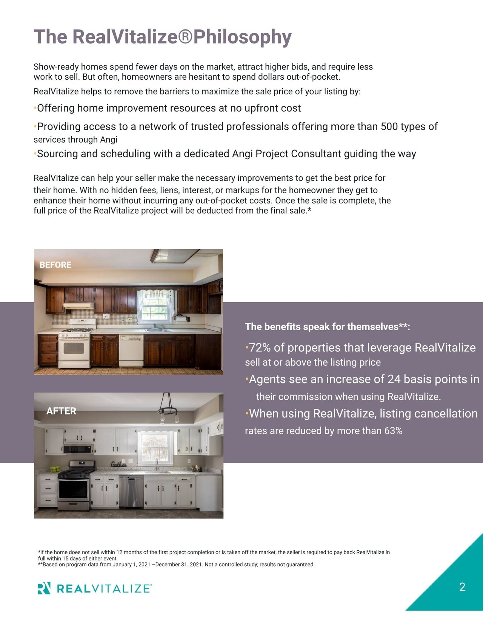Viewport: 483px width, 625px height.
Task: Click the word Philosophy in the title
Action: pyautogui.click(x=242, y=37)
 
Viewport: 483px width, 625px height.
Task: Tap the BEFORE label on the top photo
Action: pyautogui.click(x=55, y=265)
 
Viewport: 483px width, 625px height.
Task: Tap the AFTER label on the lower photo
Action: pyautogui.click(x=61, y=411)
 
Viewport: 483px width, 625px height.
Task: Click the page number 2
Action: pyautogui.click(x=462, y=587)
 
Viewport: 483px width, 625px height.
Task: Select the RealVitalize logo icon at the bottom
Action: pyautogui.click(x=44, y=588)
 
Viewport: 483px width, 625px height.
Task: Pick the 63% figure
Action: pyautogui.click(x=393, y=431)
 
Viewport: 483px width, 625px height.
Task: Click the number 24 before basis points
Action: pyautogui.click(x=394, y=379)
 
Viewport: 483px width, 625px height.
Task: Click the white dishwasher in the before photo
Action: pyautogui.click(x=131, y=351)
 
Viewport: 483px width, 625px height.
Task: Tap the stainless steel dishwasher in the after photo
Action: pyautogui.click(x=131, y=491)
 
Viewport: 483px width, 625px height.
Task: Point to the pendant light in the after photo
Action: pyautogui.click(x=168, y=408)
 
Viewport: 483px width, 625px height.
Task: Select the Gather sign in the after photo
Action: pyautogui.click(x=118, y=464)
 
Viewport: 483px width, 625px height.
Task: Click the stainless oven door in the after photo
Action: pyautogui.click(x=74, y=489)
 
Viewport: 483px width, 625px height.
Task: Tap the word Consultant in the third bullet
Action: pyautogui.click(x=316, y=154)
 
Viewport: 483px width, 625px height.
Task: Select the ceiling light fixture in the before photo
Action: pyautogui.click(x=165, y=256)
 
